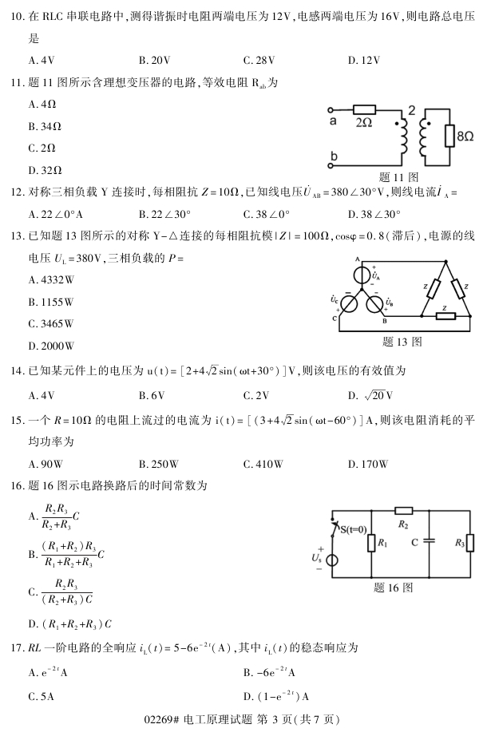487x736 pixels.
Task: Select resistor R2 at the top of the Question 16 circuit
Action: [403, 511]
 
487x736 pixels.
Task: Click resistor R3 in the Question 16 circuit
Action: [469, 543]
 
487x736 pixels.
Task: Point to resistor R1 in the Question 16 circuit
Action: [372, 544]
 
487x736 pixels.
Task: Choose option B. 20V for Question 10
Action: [151, 59]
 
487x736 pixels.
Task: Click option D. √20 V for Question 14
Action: [370, 394]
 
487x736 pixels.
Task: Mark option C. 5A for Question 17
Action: [41, 695]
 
